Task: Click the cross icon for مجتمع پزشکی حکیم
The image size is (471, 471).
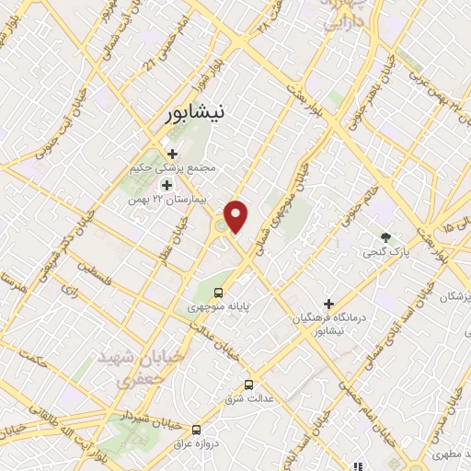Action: click(x=172, y=154)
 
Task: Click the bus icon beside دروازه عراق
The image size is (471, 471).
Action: click(x=196, y=430)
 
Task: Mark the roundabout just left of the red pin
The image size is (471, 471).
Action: click(x=220, y=226)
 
